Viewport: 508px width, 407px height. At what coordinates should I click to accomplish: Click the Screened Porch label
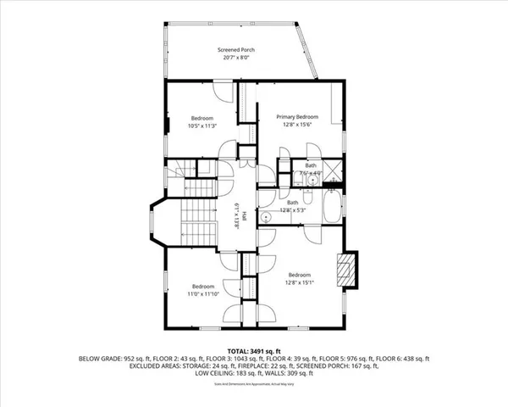[x=239, y=50]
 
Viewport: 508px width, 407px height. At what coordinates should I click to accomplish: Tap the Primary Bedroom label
[x=297, y=116]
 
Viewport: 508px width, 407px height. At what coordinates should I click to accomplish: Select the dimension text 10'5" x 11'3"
[x=202, y=126]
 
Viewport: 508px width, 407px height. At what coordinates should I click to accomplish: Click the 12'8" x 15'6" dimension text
[x=297, y=125]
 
